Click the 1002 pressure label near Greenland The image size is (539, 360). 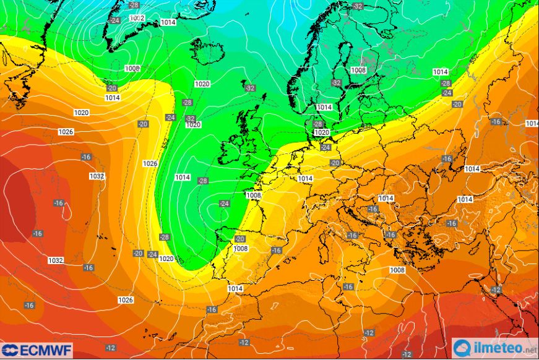137,18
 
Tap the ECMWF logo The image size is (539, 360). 37,350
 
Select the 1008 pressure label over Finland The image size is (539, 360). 358,70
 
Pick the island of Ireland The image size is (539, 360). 231,153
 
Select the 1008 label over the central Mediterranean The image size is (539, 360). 397,270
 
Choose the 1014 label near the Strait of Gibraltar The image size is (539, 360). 235,289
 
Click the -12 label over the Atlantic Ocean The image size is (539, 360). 111,348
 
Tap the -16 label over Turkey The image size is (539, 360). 452,223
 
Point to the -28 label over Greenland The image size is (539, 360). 134,5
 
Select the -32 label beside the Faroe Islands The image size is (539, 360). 250,88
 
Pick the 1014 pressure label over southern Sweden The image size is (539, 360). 324,107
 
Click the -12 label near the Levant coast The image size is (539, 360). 496,289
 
